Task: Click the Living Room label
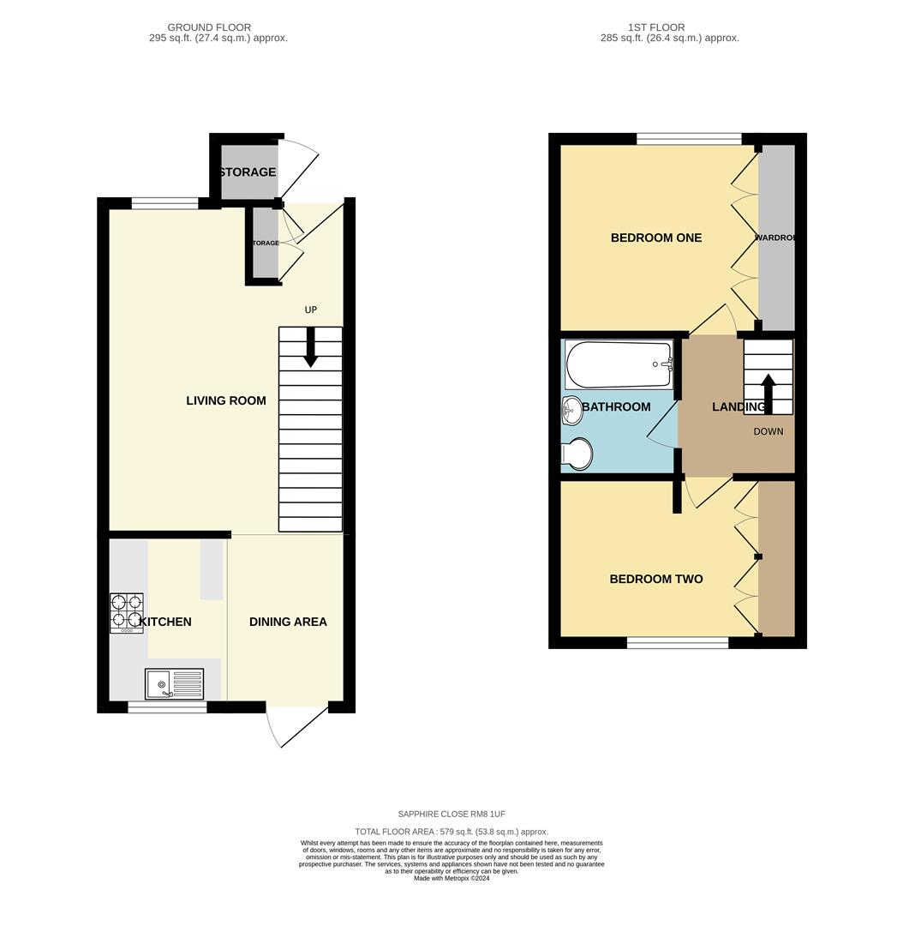pos(226,400)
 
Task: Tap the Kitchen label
pos(166,622)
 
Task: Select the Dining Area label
pos(288,622)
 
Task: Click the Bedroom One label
pos(655,238)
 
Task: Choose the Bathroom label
pos(616,406)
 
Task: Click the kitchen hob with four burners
pos(126,614)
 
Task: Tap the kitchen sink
pos(175,684)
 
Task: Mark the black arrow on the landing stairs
pos(768,393)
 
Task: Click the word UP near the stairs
pos(311,310)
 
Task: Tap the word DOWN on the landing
pos(768,431)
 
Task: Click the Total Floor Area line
pos(451,832)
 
